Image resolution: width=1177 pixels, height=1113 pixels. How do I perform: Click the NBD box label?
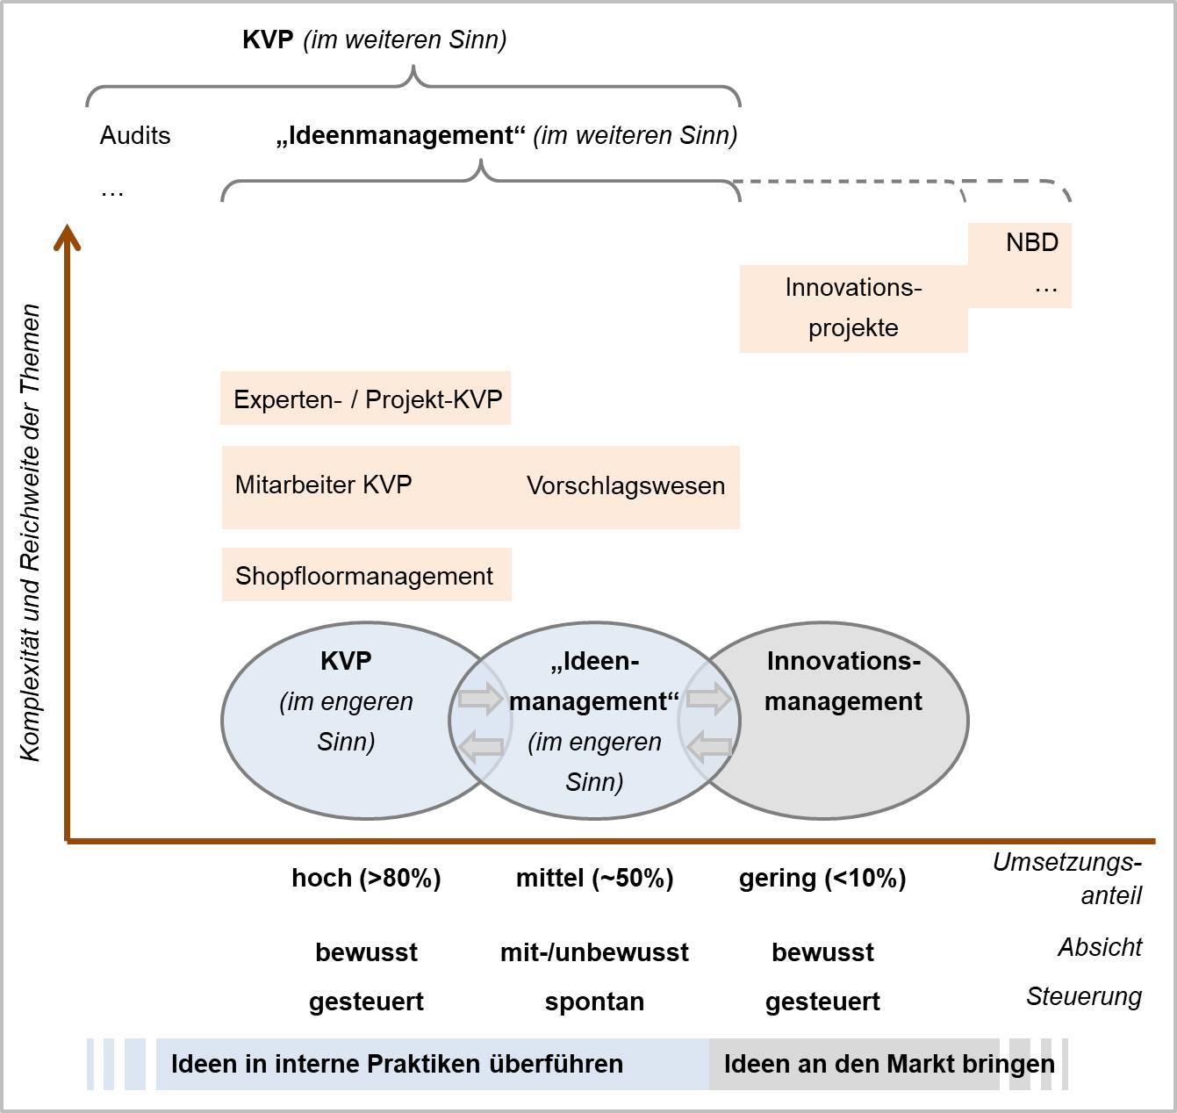coord(1031,242)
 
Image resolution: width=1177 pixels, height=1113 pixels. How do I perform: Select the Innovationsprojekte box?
coord(853,308)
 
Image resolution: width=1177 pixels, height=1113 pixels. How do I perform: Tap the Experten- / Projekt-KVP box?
coord(366,399)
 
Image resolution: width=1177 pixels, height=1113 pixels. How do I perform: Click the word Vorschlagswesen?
coord(625,486)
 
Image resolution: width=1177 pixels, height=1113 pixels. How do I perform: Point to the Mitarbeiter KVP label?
coord(323,485)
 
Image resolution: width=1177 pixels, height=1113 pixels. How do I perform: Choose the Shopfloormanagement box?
coord(365,576)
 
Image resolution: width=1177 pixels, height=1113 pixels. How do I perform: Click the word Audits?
coord(135,135)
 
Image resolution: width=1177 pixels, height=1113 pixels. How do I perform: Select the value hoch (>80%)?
coord(366,878)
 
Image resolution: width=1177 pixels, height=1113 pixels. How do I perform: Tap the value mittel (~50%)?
coord(594,878)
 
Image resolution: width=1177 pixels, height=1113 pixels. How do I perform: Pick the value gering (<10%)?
coord(822,878)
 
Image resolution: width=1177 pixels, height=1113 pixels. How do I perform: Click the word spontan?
coord(594,1002)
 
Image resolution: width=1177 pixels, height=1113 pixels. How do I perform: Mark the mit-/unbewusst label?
coord(594,952)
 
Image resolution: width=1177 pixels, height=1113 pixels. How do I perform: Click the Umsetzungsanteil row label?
coord(1067,879)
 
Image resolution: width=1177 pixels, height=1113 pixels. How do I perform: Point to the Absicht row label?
coord(1100,947)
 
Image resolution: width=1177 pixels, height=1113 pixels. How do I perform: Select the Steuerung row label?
coord(1084,996)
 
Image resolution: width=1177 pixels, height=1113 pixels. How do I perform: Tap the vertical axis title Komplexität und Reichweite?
coord(31,533)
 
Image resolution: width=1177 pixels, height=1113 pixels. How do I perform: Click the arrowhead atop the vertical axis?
coord(67,237)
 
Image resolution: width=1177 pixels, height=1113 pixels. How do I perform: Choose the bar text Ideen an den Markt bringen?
coord(888,1064)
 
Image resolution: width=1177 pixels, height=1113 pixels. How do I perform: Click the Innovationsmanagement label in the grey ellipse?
coord(843,681)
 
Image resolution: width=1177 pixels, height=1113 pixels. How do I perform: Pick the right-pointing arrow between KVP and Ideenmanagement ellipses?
coord(480,700)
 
